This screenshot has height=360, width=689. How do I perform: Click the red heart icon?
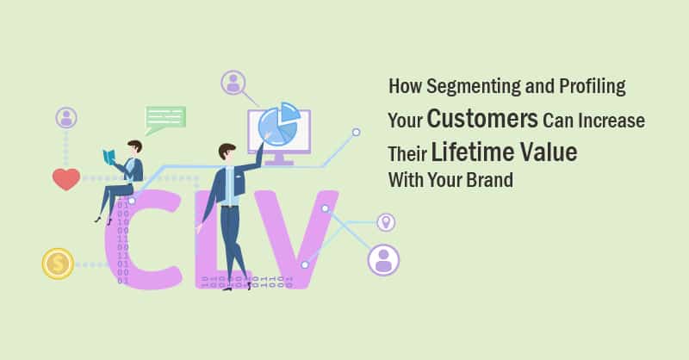tap(65, 179)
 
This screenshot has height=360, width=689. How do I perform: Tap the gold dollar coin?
tap(58, 263)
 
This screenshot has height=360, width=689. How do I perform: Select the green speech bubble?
tap(164, 119)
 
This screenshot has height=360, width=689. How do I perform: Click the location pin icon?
tap(386, 222)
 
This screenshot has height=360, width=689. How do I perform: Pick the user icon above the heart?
tap(66, 118)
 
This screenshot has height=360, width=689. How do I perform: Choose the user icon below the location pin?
tap(383, 258)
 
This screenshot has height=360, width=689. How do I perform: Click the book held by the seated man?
tap(109, 158)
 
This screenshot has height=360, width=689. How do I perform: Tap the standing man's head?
tap(227, 153)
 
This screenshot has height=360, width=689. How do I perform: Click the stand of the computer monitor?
tap(279, 158)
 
